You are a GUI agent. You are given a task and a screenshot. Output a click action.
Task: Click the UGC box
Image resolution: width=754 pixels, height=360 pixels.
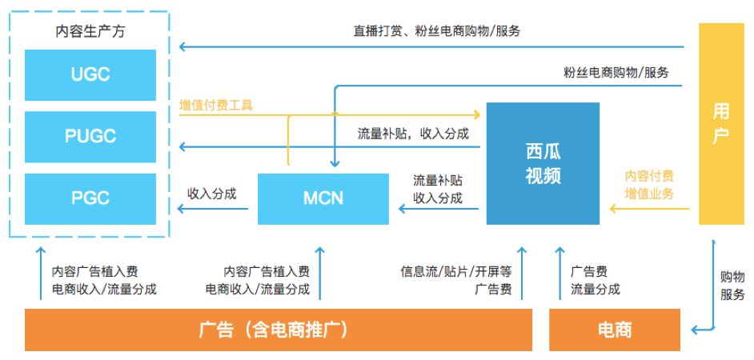[x=90, y=75]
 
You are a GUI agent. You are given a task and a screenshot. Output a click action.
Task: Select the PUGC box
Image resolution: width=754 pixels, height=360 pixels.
[x=90, y=137]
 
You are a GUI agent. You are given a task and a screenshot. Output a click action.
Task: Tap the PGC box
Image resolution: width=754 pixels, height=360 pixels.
[x=90, y=199]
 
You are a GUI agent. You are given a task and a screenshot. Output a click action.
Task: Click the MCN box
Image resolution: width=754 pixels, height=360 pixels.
[x=323, y=199]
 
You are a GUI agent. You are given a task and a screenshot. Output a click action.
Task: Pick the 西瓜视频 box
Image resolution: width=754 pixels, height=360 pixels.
[x=543, y=163]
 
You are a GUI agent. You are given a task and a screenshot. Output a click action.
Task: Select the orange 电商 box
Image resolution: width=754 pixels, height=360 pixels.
[x=615, y=330]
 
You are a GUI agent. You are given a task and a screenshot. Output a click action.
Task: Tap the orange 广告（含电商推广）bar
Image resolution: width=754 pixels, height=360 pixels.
[x=279, y=330]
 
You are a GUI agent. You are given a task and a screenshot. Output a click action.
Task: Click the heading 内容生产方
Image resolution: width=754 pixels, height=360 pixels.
[x=90, y=32]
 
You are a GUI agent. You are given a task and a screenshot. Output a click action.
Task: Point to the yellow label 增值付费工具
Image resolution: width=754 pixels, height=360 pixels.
[x=216, y=106]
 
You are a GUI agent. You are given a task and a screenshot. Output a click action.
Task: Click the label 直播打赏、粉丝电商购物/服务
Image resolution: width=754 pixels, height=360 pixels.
[x=436, y=32]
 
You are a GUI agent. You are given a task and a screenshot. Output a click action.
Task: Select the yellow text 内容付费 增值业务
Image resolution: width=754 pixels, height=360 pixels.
[x=649, y=185]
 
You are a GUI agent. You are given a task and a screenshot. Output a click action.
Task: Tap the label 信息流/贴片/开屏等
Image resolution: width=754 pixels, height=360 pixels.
[x=456, y=272]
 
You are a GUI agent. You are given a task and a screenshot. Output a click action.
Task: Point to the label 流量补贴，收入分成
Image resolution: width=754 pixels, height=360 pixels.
[x=413, y=134]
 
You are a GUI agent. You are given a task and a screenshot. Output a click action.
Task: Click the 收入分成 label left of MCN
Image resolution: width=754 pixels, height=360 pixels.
[x=212, y=194]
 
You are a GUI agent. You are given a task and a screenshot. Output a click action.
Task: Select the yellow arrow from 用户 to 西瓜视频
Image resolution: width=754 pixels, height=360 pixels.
[x=650, y=209]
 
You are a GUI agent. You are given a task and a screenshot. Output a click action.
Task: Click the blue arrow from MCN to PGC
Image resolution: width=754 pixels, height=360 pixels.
[x=213, y=209]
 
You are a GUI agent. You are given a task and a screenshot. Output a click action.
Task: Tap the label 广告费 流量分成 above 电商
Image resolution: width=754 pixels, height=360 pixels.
[x=596, y=280]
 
